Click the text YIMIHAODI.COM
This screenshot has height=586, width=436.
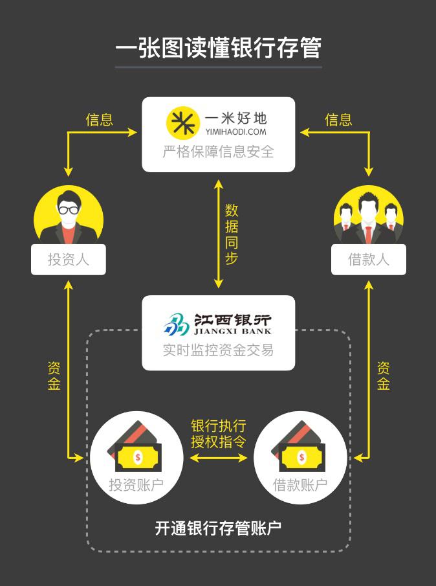pyautogui.click(x=235, y=131)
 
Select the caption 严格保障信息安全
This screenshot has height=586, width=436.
pyautogui.click(x=218, y=152)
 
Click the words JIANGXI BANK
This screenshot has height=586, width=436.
pyautogui.click(x=232, y=332)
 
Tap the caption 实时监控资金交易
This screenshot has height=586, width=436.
pyautogui.click(x=218, y=350)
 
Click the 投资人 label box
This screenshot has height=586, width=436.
pyautogui.click(x=68, y=260)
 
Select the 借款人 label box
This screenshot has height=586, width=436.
pyautogui.click(x=368, y=260)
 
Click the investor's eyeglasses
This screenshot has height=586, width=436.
pyautogui.click(x=68, y=209)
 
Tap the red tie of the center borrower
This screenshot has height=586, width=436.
pyautogui.click(x=368, y=233)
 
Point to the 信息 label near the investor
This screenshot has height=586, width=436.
pyautogui.click(x=99, y=119)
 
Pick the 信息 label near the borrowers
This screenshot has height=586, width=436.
pyautogui.click(x=338, y=119)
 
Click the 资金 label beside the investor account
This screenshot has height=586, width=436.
pyautogui.click(x=54, y=376)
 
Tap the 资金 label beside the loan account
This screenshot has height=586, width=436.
pyautogui.click(x=383, y=376)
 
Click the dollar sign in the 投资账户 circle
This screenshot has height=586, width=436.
pyautogui.click(x=138, y=458)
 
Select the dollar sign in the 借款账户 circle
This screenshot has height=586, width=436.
pyautogui.click(x=301, y=458)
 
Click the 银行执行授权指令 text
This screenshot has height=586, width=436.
pyautogui.click(x=218, y=434)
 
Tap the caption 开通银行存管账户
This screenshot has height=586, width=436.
pyautogui.click(x=218, y=528)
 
